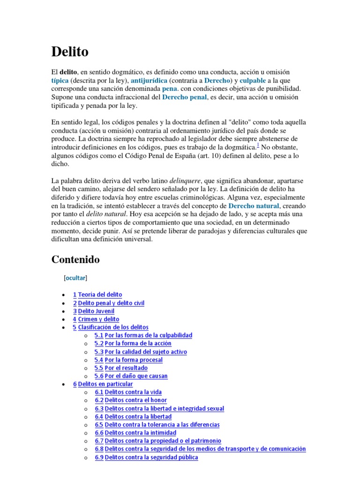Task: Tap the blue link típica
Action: click(60, 80)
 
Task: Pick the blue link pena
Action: click(170, 89)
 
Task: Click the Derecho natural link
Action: click(254, 206)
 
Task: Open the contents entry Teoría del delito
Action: click(100, 295)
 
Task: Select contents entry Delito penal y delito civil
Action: click(111, 303)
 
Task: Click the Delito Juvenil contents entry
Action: click(96, 311)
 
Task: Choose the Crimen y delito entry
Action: click(98, 319)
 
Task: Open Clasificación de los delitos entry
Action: click(113, 327)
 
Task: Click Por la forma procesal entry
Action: click(134, 360)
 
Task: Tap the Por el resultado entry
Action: click(126, 368)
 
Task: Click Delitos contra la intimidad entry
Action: click(141, 433)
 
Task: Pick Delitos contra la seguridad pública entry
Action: click(151, 457)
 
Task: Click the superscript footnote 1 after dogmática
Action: click(258, 145)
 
